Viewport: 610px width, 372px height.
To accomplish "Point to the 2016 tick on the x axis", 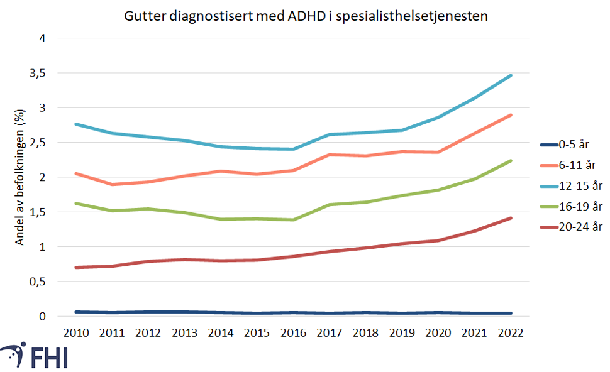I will click(294, 333).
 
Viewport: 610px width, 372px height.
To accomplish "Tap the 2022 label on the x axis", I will click(511, 333).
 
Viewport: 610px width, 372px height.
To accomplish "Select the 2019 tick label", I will click(402, 333).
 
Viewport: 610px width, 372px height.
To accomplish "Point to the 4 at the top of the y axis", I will click(43, 38).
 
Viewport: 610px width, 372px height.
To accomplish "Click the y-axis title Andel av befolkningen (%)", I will click(20, 178).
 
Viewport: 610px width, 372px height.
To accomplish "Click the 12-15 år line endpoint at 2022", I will click(511, 75).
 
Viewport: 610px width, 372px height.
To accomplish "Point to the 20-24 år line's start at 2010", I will click(76, 267).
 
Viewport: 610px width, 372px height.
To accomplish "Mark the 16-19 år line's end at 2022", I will click(511, 161).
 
